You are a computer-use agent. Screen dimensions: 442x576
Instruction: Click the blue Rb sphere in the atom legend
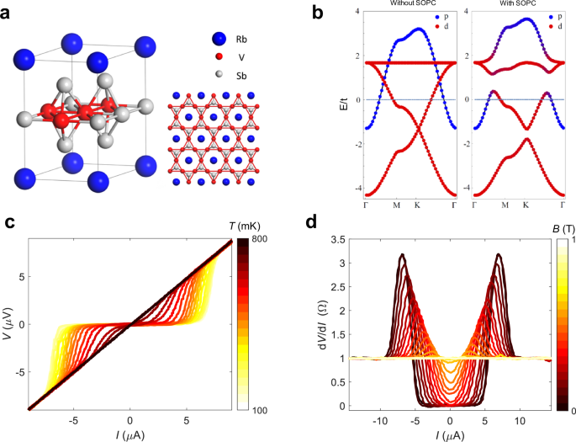click(x=219, y=38)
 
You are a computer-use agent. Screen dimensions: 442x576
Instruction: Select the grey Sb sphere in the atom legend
click(x=219, y=74)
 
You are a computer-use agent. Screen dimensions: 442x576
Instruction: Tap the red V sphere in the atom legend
click(x=219, y=56)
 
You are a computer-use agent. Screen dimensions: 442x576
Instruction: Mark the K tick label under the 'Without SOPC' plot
click(x=415, y=204)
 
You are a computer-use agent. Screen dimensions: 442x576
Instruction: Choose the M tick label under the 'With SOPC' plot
click(x=505, y=204)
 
